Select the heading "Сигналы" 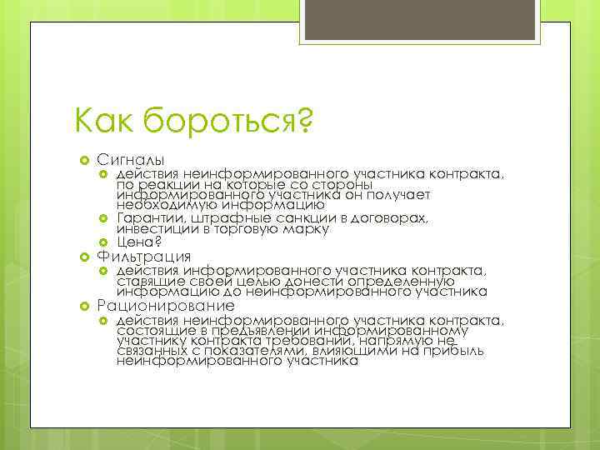[130, 159]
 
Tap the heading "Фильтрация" [143, 256]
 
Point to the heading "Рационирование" [165, 306]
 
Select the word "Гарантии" [146, 218]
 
